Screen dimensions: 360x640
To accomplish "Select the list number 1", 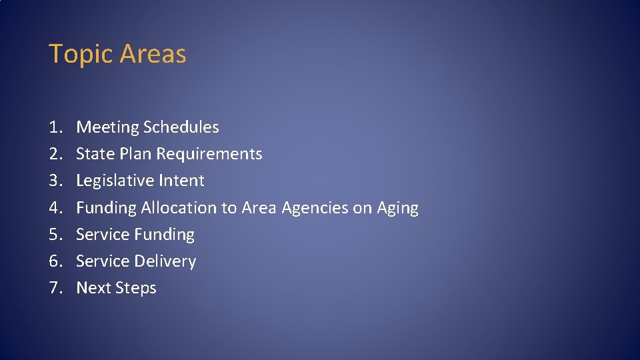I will pos(55,127).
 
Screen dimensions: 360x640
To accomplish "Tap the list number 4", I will pos(55,208).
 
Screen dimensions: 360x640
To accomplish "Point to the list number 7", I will pos(55,288).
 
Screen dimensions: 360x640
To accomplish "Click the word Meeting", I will pos(107,127).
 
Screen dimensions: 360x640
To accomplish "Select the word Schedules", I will pos(181,127).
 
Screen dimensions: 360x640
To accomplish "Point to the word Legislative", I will pos(111,181).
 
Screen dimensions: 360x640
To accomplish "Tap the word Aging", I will pos(397,208).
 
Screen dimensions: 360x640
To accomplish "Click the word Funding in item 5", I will pos(164,235).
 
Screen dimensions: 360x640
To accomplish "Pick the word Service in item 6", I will pos(103,261).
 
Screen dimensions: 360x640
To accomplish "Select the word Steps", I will pos(135,288).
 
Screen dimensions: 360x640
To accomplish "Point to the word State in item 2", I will pos(93,154).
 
